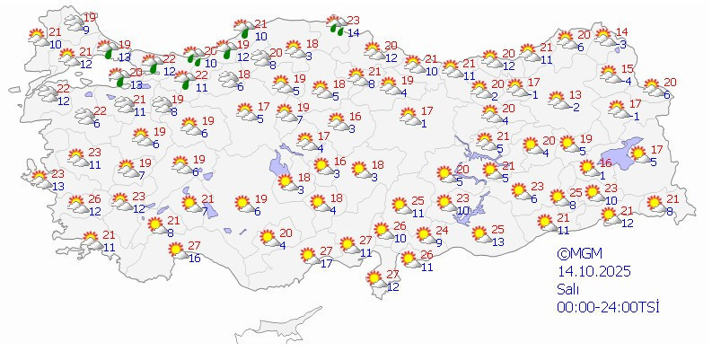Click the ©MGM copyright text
(x=576, y=254)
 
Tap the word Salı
(x=567, y=289)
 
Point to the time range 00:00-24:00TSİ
(x=607, y=307)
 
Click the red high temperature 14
(x=622, y=32)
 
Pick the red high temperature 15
(x=628, y=70)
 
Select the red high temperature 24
(x=441, y=231)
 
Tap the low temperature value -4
(x=627, y=82)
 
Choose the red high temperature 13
(x=575, y=95)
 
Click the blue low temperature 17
(x=327, y=263)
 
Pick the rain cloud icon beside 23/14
(x=336, y=24)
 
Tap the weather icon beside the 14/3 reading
(x=604, y=38)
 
